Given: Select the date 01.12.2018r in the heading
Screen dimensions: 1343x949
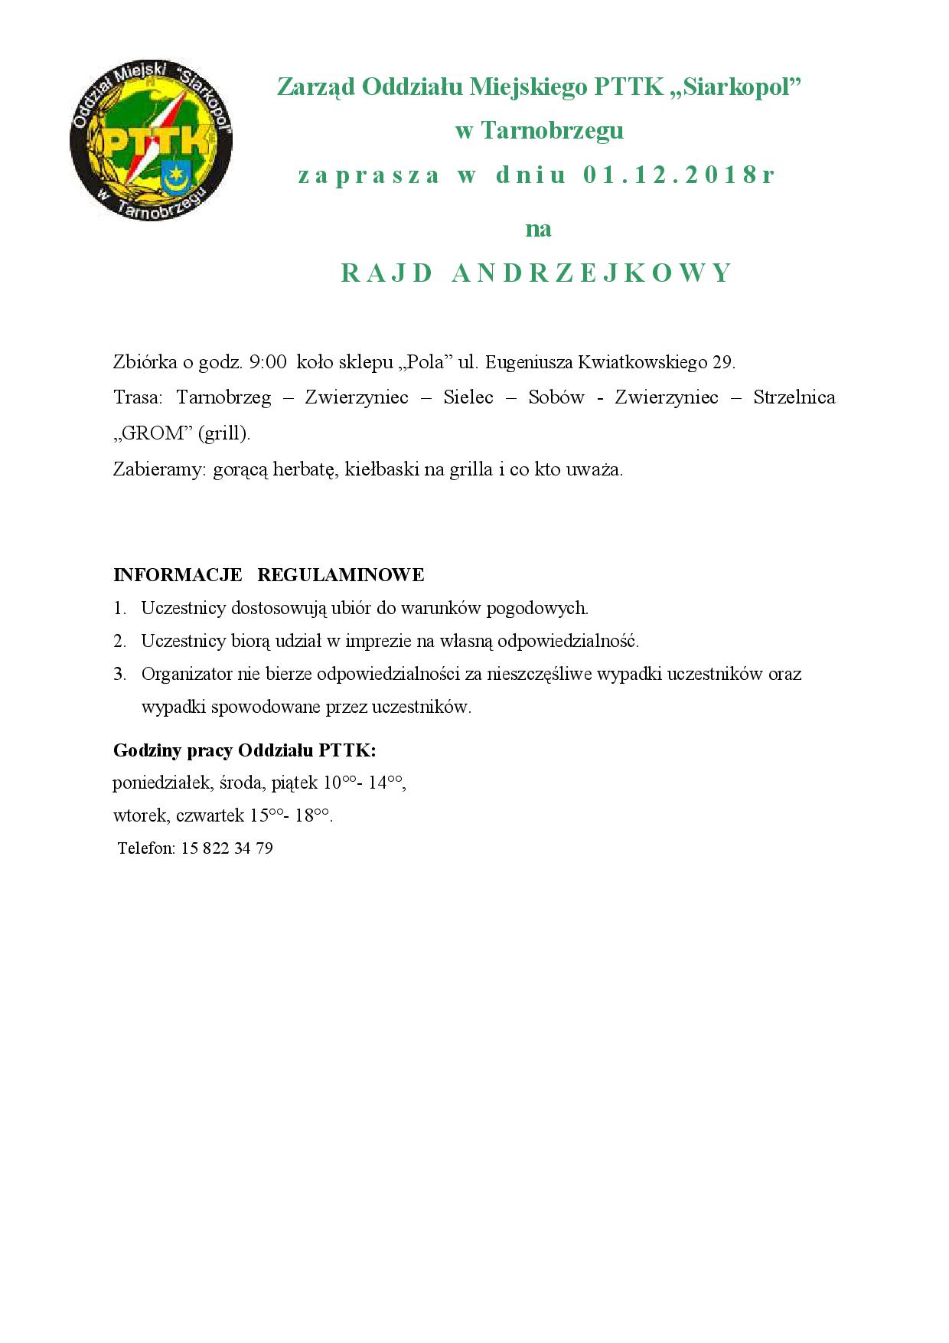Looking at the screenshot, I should tap(679, 175).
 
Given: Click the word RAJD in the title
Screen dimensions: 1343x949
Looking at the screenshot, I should tap(386, 273).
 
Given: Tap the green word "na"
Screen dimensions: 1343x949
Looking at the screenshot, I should tap(538, 229).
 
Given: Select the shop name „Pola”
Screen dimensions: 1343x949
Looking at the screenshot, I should tap(422, 362).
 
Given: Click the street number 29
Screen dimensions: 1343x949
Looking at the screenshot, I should tap(722, 362).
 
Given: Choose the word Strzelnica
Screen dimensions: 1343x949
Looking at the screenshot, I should tap(794, 398).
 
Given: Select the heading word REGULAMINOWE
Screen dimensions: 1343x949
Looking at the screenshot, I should tap(341, 574).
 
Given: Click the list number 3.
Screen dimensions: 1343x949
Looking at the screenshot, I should tap(119, 675).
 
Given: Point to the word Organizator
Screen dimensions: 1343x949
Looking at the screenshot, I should tap(187, 675).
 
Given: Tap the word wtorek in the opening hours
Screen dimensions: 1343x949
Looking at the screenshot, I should tap(140, 815).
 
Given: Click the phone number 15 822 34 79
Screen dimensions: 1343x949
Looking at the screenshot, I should tap(227, 848).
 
